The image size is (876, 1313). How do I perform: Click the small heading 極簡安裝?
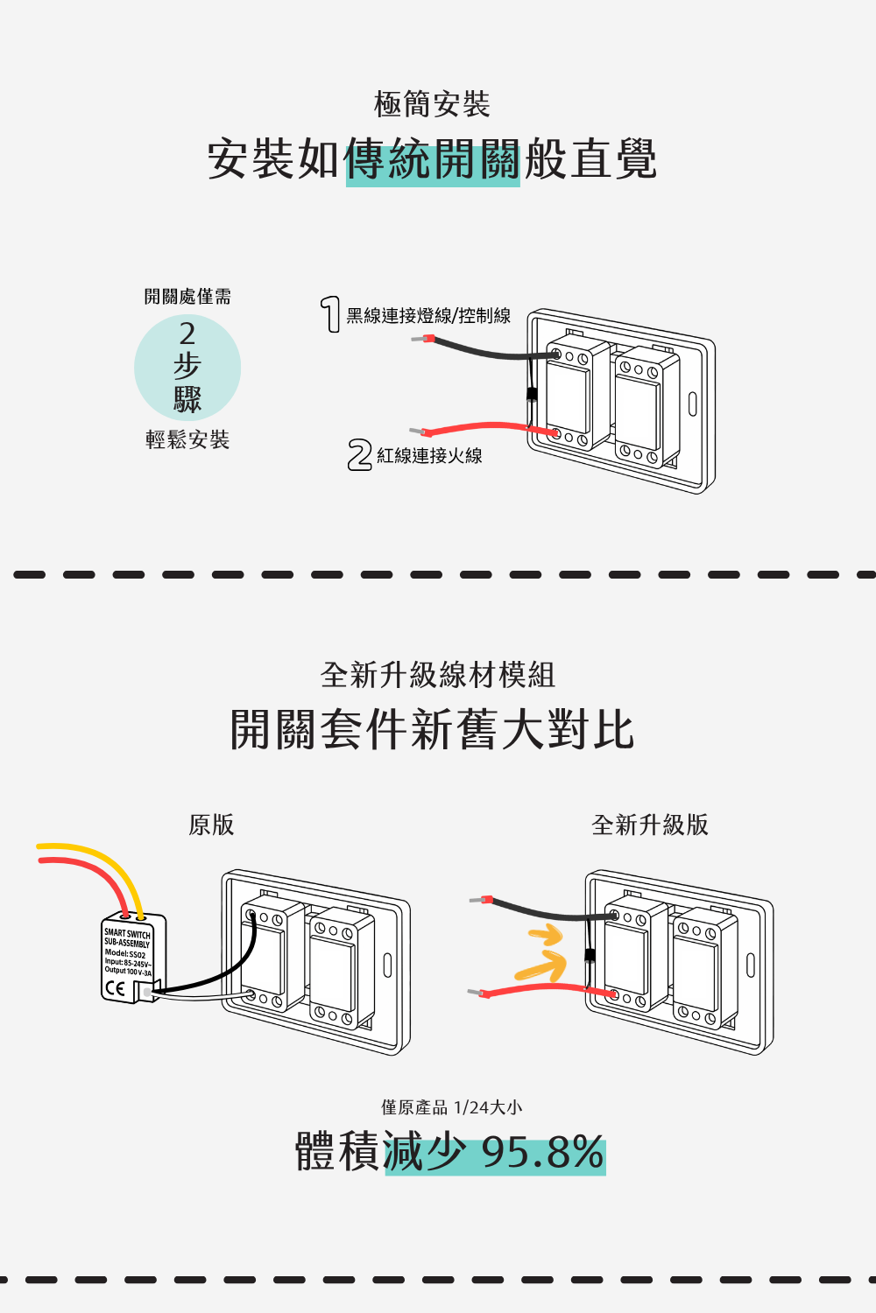(x=432, y=104)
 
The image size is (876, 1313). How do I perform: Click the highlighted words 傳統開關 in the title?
(x=433, y=160)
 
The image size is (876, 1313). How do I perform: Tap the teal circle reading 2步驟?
(x=187, y=368)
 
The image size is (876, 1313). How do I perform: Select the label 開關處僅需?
(x=187, y=297)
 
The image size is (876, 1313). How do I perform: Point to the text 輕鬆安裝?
(x=187, y=439)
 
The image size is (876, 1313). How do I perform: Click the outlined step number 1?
(x=330, y=314)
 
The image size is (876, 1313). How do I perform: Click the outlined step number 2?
(x=359, y=455)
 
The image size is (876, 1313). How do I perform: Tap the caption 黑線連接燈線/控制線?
(x=428, y=316)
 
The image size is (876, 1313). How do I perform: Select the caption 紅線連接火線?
(x=429, y=456)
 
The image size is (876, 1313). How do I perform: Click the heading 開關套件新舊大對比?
(x=432, y=730)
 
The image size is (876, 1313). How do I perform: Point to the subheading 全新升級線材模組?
(x=438, y=675)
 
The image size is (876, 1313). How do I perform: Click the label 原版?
(x=211, y=825)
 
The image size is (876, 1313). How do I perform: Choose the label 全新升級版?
(x=650, y=825)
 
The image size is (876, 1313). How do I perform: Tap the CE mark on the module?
(x=115, y=989)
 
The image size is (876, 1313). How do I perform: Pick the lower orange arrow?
(x=540, y=967)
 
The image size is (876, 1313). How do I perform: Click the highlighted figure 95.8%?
(x=542, y=1153)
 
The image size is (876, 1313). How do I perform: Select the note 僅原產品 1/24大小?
(x=451, y=1107)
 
